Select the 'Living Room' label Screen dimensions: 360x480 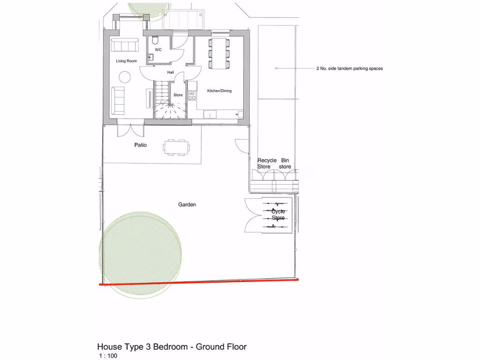tap(127, 61)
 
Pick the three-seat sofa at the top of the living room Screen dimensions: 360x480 tap(125, 45)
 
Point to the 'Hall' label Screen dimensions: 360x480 tap(171, 73)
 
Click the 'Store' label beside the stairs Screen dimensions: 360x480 tap(178, 95)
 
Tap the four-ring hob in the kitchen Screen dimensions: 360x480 tap(192, 96)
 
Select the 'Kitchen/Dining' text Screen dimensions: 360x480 tap(219, 91)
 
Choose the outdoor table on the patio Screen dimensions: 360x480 tap(177, 147)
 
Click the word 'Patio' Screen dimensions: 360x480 tap(141, 145)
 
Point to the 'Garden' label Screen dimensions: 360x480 tap(187, 205)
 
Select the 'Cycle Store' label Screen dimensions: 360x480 tap(278, 215)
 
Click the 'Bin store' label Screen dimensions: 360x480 tap(285, 164)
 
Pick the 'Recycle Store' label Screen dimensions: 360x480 tap(267, 164)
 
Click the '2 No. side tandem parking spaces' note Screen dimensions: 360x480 tap(349, 68)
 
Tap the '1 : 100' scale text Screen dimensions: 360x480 tap(108, 356)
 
